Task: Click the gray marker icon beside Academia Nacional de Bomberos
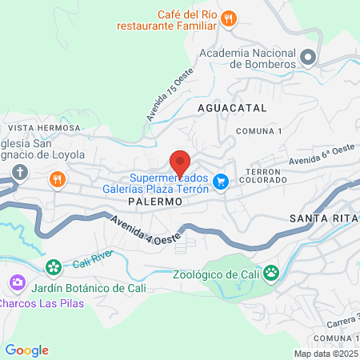[309, 58]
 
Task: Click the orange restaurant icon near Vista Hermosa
[57, 179]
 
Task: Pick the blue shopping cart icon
[222, 182]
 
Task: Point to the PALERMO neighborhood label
[155, 203]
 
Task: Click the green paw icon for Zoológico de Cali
[271, 273]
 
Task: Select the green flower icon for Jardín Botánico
[54, 266]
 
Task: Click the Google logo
[26, 350]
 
